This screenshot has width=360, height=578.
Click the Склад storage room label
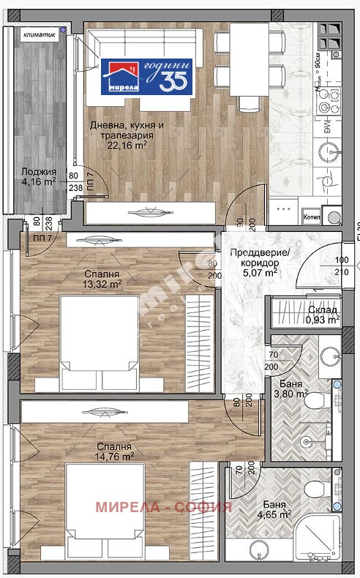pos(323,309)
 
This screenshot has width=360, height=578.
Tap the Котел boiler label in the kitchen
pos(311,217)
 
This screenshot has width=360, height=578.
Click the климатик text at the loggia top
pos(37,34)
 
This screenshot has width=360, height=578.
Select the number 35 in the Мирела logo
pos(173,79)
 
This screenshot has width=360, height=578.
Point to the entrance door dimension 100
pos(342,260)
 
